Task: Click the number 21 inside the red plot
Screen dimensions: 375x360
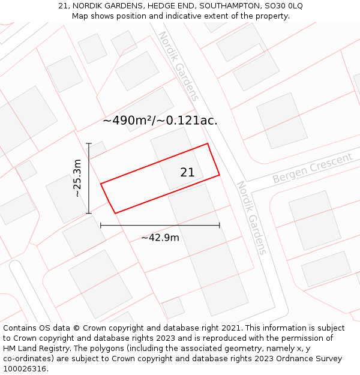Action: tap(187, 173)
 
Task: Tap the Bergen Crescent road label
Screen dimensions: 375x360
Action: tap(312, 169)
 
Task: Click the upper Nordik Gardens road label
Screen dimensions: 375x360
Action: tap(178, 66)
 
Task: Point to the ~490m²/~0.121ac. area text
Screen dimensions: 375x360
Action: tap(160, 121)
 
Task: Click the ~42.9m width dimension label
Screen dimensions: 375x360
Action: tap(160, 238)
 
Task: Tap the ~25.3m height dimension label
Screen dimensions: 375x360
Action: tap(77, 178)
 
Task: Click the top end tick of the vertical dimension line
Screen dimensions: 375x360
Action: tap(89, 143)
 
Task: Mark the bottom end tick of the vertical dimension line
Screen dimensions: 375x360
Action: tap(89, 213)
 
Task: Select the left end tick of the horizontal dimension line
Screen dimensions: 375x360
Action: tap(101, 226)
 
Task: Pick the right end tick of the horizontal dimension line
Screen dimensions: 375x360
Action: tap(220, 226)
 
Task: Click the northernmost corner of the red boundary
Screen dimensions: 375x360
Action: tap(208, 143)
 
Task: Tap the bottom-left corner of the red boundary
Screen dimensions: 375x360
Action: tap(115, 213)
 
